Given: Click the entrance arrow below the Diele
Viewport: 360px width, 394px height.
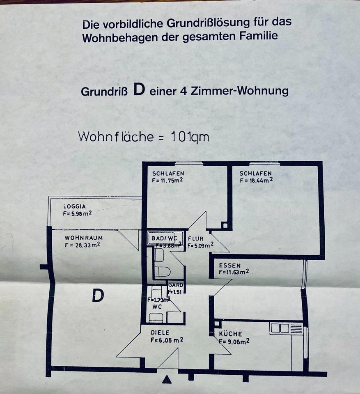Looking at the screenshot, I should click(166, 380).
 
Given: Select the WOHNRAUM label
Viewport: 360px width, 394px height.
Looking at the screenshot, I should click(83, 238).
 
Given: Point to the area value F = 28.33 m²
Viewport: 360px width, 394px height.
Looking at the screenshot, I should click(82, 245).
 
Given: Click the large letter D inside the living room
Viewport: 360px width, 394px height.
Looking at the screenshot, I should click(98, 295).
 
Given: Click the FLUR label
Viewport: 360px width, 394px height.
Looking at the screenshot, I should click(196, 238).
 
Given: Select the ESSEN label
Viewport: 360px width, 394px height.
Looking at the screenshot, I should click(229, 265).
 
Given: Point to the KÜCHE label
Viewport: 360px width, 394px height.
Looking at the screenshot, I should click(230, 334).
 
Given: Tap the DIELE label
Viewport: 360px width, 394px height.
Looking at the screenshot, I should click(160, 332).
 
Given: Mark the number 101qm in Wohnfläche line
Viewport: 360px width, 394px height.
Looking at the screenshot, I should click(189, 137).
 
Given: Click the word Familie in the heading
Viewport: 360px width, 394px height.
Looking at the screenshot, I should click(257, 36).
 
